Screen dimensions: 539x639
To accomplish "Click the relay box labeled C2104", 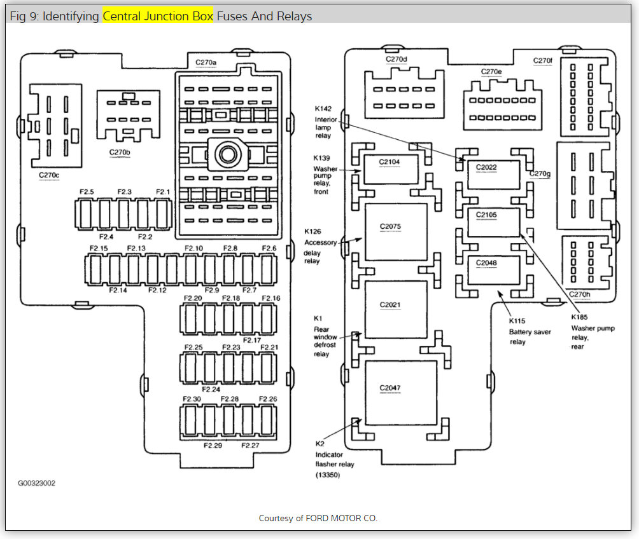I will (x=390, y=169).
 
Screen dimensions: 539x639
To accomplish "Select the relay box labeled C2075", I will (x=395, y=232).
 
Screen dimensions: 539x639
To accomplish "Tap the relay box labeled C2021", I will (x=395, y=310).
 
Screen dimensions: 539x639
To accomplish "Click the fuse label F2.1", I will (x=164, y=191).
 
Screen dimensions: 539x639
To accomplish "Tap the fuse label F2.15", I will (x=99, y=248).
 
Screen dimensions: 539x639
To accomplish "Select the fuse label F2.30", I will (x=192, y=399).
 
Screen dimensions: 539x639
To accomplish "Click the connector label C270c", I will (x=49, y=174).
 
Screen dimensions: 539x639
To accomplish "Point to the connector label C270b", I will (x=120, y=153).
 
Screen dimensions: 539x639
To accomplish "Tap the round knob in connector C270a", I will (x=226, y=153).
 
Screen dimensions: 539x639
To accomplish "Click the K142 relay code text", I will (x=323, y=109).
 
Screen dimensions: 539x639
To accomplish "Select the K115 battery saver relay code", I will (x=517, y=322).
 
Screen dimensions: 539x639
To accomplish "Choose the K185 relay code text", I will (x=579, y=317).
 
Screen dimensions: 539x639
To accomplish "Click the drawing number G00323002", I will (x=36, y=483).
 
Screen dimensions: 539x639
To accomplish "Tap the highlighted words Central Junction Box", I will (x=158, y=17).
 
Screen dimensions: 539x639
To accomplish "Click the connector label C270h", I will (x=579, y=294).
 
